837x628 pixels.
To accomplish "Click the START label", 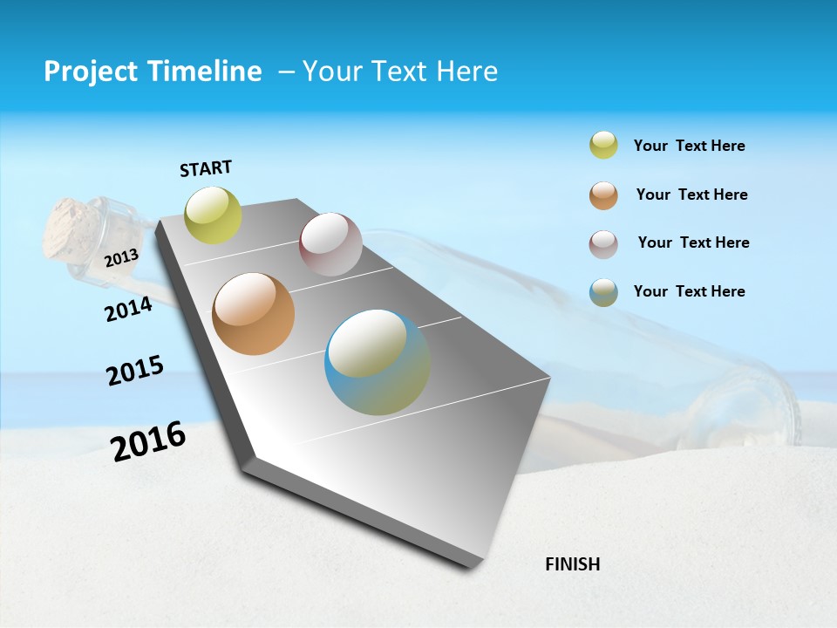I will point(206,168).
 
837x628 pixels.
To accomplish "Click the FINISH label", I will point(572,564).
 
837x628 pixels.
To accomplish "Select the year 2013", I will point(121,257).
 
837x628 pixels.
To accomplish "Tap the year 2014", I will point(128,309).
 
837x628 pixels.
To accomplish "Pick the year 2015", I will point(135,371).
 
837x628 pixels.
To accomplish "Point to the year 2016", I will point(148,441).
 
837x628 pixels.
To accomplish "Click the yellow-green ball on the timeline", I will point(214,215).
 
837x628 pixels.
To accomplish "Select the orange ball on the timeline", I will point(254,314).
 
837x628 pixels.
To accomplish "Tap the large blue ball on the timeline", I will point(378,362).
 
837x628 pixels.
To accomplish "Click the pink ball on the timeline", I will point(330,244).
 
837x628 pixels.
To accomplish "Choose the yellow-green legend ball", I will point(603,145).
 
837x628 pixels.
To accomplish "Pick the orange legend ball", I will point(603,195).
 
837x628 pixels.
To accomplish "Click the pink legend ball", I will point(603,244).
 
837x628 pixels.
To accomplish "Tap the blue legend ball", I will point(603,292).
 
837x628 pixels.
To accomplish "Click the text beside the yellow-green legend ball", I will point(689,146).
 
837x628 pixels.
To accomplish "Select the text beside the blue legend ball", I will point(689,291).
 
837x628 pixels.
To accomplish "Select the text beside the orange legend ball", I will point(691,195).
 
